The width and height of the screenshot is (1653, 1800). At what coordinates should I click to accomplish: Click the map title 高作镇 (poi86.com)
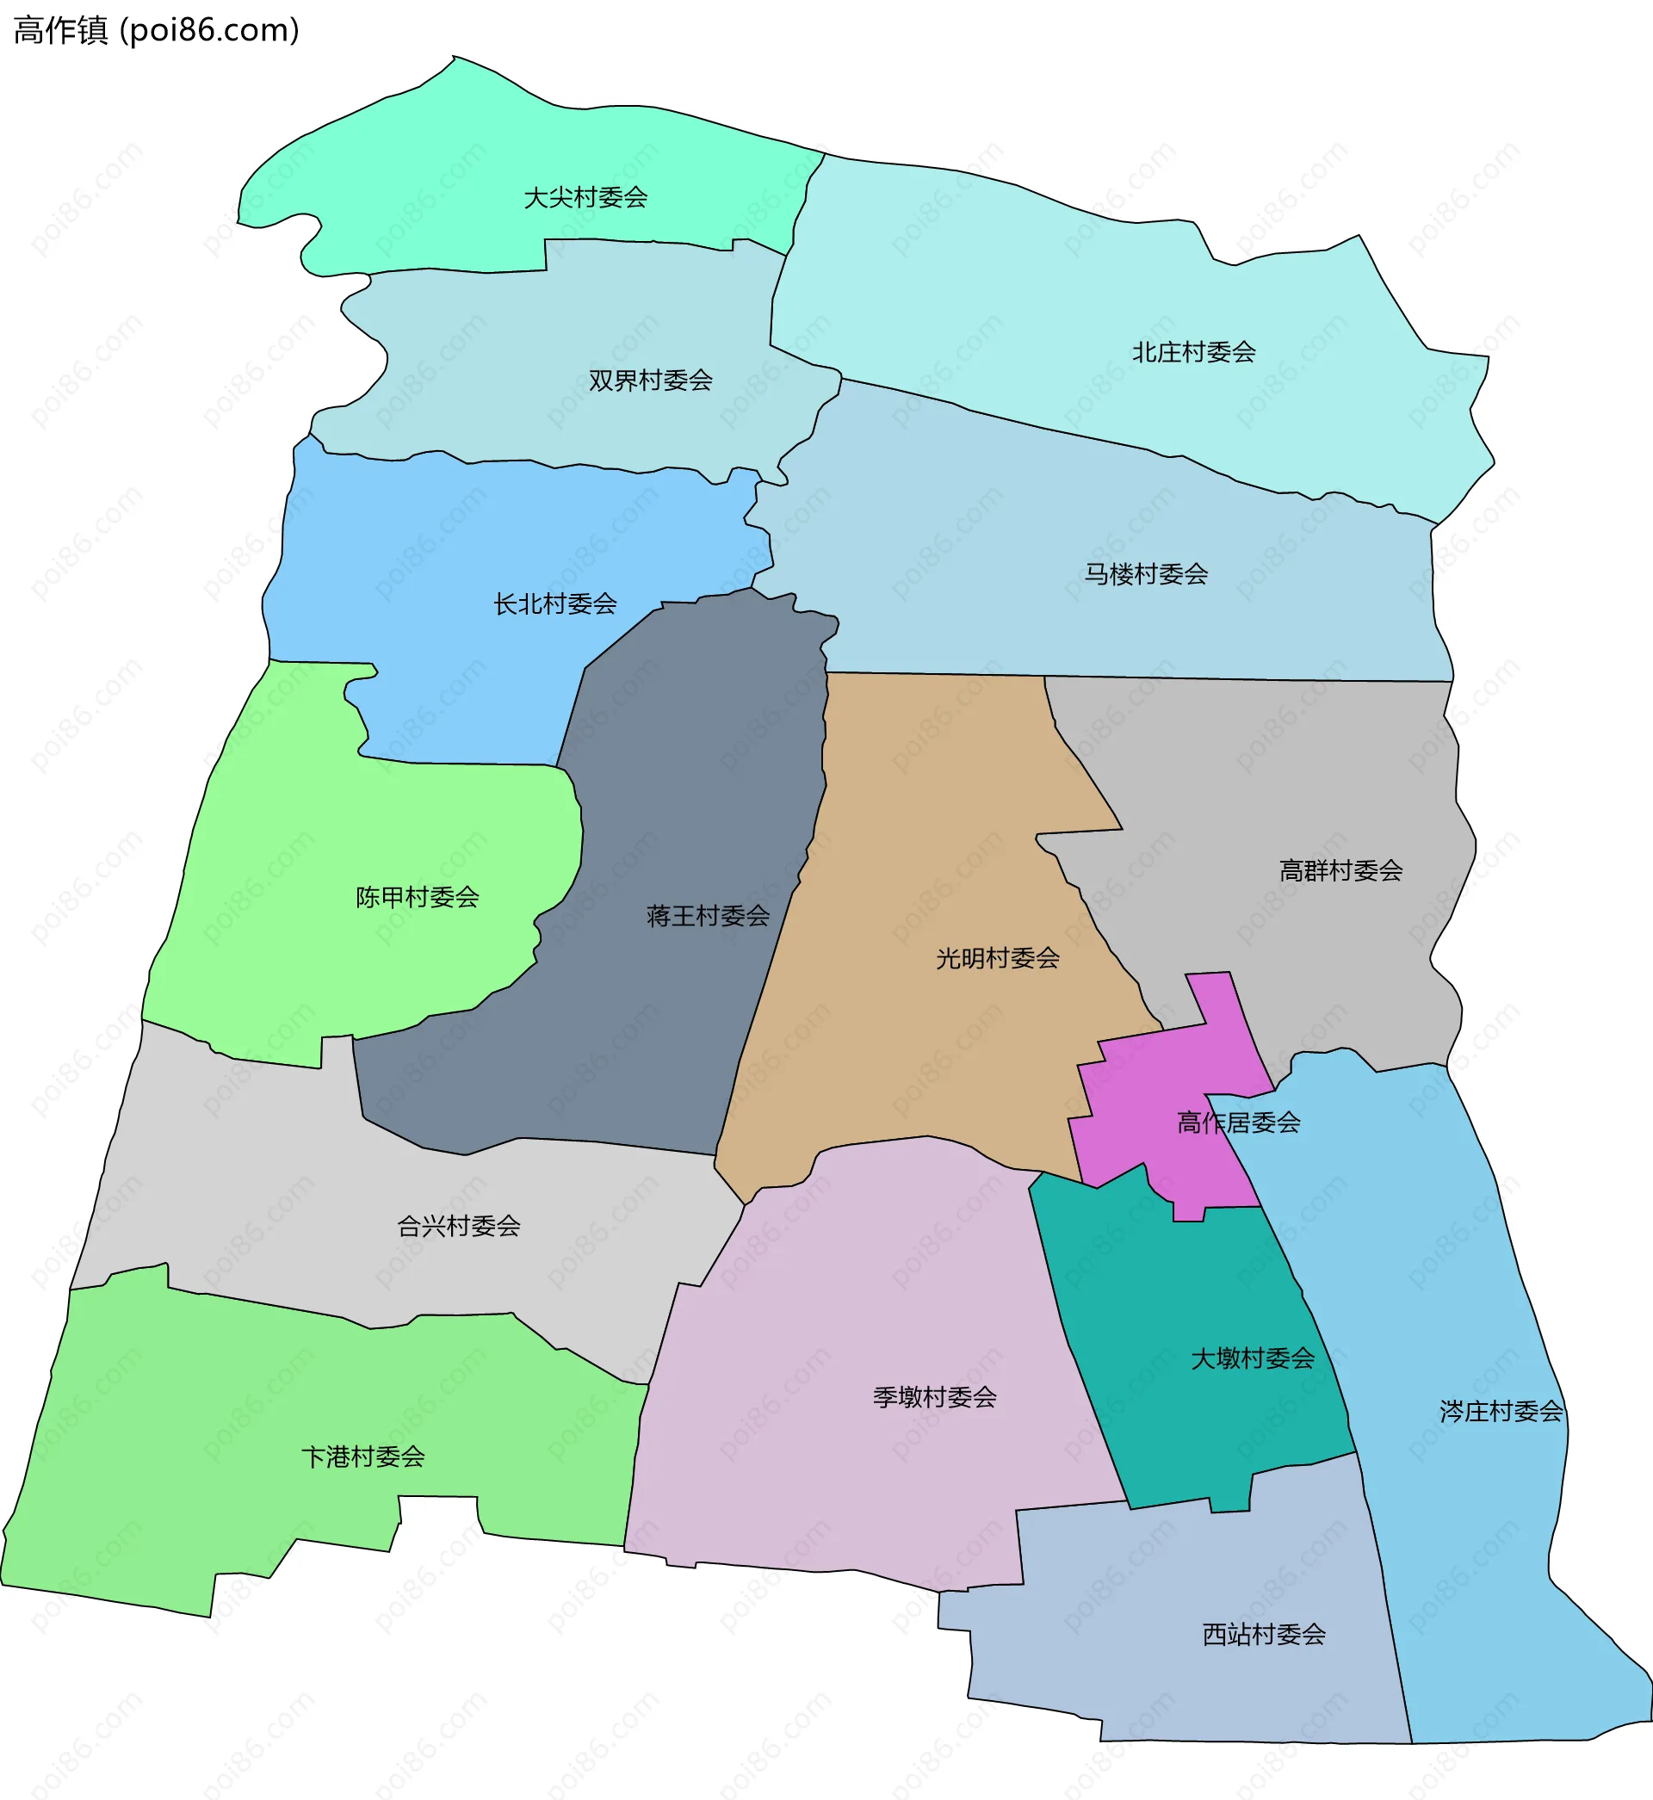coord(157,30)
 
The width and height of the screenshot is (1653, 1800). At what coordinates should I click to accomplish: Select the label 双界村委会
coord(650,381)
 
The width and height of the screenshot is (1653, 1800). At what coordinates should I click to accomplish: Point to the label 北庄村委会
coord(1193,352)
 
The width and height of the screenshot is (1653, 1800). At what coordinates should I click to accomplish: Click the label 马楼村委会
coord(1146,574)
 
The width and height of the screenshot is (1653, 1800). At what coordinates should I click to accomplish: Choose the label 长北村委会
coord(554,604)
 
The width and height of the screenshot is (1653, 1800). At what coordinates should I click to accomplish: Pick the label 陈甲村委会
coord(417,897)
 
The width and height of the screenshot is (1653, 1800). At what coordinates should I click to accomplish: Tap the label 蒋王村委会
coord(708,916)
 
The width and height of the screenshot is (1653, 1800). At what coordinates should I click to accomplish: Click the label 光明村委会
coord(997,959)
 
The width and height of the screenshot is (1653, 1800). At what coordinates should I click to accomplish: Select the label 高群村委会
coord(1340,871)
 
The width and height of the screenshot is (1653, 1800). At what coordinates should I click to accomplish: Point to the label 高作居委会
coord(1238,1123)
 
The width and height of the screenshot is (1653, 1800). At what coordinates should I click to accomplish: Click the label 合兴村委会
coord(458,1226)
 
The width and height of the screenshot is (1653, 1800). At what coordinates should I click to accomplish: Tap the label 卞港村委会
coord(362,1457)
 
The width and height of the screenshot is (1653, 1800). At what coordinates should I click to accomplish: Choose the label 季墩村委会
coord(934,1397)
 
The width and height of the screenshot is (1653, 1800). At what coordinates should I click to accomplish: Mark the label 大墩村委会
coord(1253,1359)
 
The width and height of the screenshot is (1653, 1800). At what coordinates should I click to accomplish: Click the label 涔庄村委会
coord(1501,1412)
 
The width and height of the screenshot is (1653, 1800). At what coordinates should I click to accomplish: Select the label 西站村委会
coord(1263,1635)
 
